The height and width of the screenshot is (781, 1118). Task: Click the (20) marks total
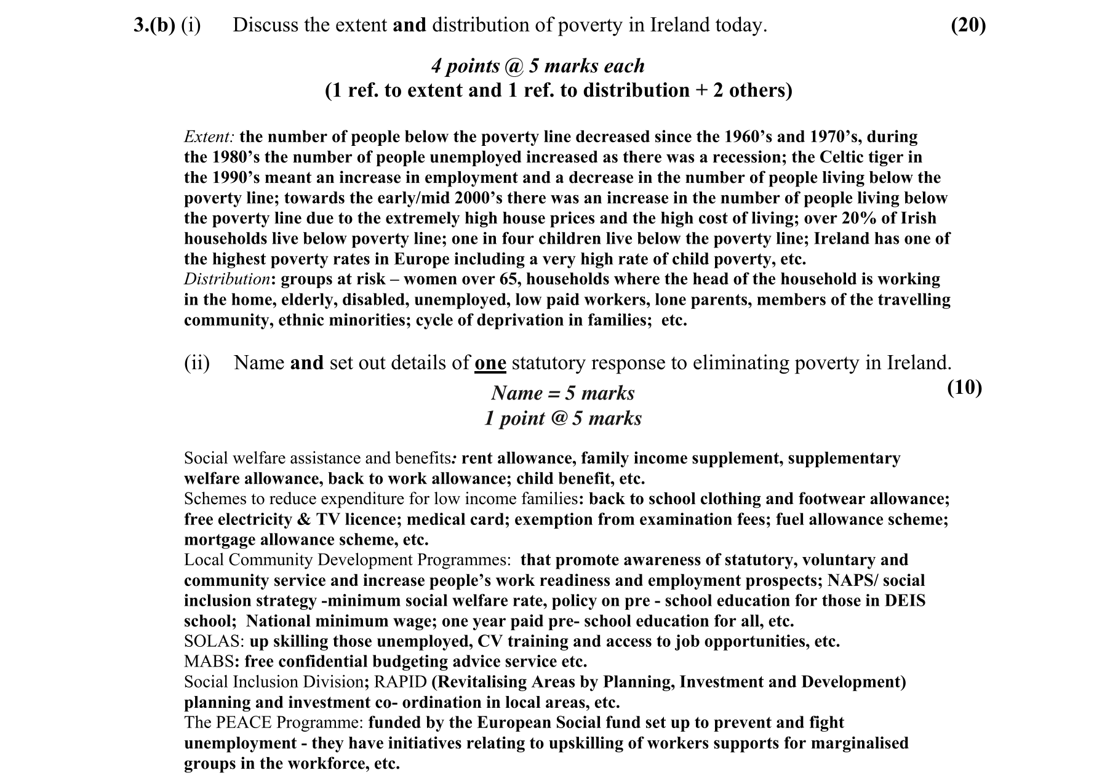968,25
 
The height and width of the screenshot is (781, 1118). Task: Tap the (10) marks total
964,387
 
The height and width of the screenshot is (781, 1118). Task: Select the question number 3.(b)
154,25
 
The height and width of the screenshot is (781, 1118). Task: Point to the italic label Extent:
209,137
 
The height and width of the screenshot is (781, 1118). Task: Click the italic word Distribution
226,279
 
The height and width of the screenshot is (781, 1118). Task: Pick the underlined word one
490,363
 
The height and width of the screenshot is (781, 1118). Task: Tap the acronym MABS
209,662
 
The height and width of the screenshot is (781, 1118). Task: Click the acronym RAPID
400,682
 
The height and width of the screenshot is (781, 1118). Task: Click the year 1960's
747,137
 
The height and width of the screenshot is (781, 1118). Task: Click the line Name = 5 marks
562,393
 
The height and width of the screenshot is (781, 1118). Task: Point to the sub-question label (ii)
197,363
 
